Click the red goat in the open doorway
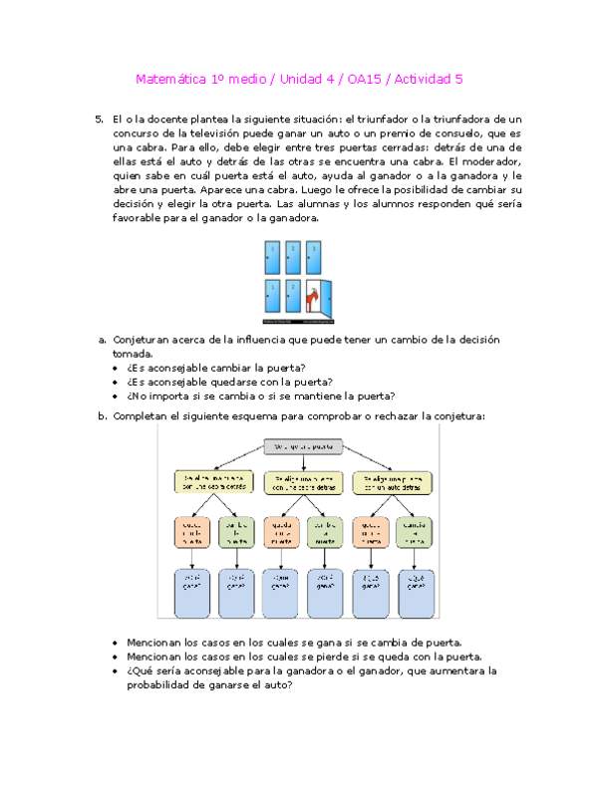click(312, 298)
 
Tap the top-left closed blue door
click(272, 258)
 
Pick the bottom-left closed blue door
click(272, 298)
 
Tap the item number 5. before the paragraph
click(99, 119)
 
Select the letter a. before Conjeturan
click(102, 339)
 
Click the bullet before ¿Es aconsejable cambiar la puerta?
click(118, 367)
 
